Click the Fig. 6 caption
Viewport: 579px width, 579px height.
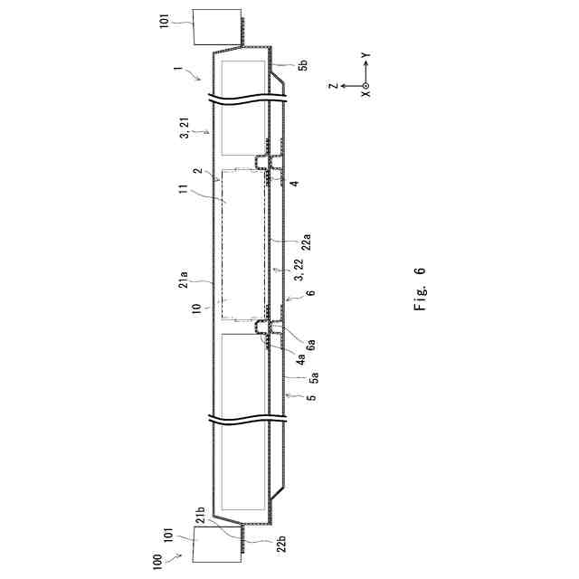pos(420,289)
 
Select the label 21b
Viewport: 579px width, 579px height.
pos(200,516)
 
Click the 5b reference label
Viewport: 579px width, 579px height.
pos(304,65)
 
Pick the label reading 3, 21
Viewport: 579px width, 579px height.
pos(185,128)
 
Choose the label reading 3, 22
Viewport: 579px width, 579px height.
pos(299,270)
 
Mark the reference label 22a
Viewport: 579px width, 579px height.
pos(306,242)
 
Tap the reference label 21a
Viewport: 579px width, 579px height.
pos(184,280)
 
